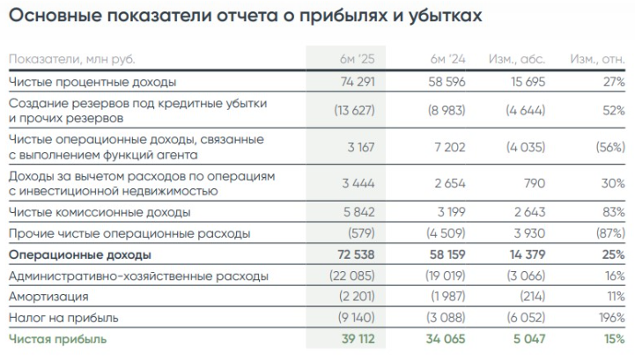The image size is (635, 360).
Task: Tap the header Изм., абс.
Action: (517, 59)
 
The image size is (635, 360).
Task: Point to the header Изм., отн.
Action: (598, 59)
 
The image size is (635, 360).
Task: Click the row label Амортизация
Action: (48, 297)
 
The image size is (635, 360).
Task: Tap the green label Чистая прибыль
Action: (57, 339)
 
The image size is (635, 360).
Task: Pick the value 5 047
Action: (528, 339)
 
